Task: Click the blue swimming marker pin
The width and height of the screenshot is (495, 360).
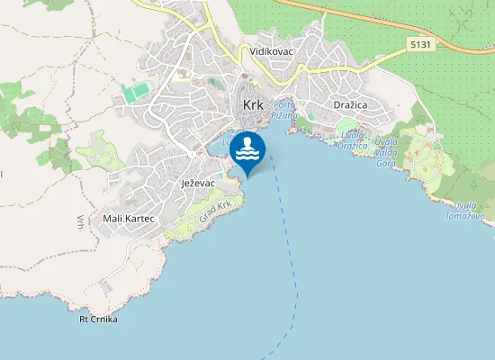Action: (x=247, y=151)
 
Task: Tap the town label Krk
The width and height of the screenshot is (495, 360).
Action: (x=253, y=105)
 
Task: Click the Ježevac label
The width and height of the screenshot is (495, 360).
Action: (x=197, y=183)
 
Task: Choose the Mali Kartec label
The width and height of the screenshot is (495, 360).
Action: (x=130, y=219)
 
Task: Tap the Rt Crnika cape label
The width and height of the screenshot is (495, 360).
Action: (x=98, y=319)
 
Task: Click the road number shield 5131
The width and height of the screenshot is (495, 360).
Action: (x=418, y=43)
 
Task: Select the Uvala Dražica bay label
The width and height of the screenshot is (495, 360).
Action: (x=354, y=139)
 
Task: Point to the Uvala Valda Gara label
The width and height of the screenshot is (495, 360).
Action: (x=386, y=153)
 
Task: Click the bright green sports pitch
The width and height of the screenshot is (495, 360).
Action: (x=138, y=93)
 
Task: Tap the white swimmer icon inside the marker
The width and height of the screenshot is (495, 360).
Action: (x=247, y=148)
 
